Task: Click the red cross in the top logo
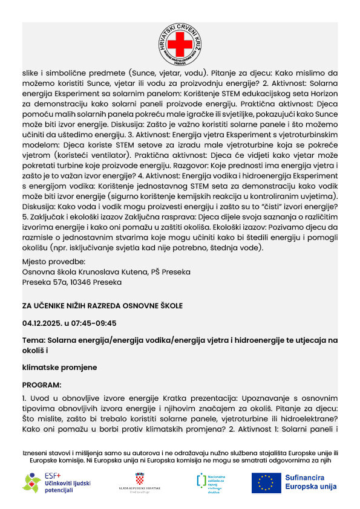(x=179, y=44)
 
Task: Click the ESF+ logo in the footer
(x=49, y=482)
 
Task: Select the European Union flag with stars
(x=265, y=482)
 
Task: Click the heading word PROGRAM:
(x=42, y=384)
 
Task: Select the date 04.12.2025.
(x=44, y=323)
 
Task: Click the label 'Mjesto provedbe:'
(x=54, y=262)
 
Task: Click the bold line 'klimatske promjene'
(x=59, y=367)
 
